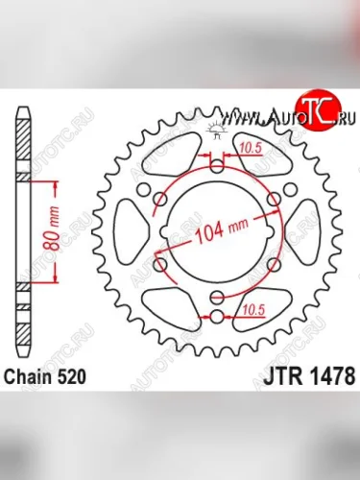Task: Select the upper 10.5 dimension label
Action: pyautogui.click(x=252, y=148)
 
